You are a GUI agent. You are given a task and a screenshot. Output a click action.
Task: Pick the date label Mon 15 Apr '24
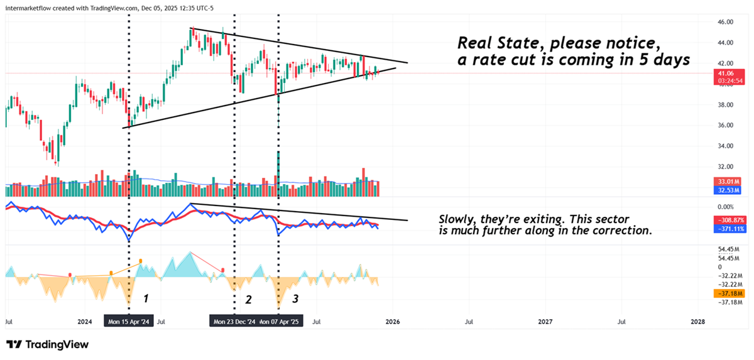click(128, 322)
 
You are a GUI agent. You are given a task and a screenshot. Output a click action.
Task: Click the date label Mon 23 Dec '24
click(234, 322)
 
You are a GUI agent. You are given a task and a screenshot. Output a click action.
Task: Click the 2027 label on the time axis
click(545, 322)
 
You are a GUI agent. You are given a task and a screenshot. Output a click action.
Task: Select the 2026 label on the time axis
click(393, 322)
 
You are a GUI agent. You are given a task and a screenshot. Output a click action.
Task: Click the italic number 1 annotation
click(146, 297)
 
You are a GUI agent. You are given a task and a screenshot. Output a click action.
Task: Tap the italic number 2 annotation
click(248, 299)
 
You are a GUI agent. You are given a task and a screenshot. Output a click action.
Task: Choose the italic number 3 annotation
click(295, 299)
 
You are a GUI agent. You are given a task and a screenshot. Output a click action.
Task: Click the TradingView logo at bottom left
click(48, 344)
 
